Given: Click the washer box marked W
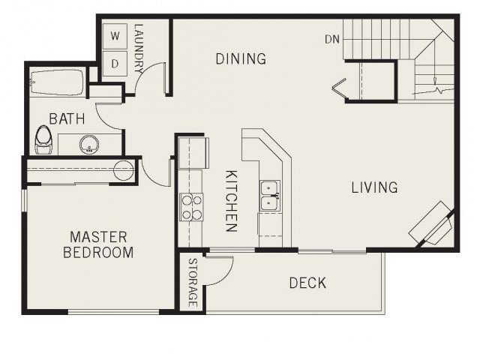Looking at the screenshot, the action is click(x=115, y=36).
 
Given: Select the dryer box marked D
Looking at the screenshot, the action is click(x=115, y=63).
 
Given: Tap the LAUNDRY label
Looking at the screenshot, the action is click(x=139, y=48).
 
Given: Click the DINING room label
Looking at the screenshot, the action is click(x=241, y=58).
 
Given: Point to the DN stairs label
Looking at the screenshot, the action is click(x=332, y=39).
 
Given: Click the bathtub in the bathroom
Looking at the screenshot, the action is click(x=57, y=83).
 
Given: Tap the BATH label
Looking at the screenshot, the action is click(x=67, y=118).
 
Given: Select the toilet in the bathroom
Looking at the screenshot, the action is click(x=43, y=140).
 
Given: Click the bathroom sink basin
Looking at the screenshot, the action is click(x=89, y=144).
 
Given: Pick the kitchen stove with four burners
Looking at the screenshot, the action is click(x=191, y=207).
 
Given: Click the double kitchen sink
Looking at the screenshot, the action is click(x=270, y=195).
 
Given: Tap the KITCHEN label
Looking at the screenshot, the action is click(x=232, y=201).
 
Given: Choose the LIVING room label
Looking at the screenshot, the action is click(x=375, y=187).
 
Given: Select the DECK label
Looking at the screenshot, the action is click(x=307, y=283).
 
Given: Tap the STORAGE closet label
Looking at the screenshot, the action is click(x=192, y=283).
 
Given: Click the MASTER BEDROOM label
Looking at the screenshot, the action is click(x=98, y=244).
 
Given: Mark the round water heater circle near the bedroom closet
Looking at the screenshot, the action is click(x=124, y=170).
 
